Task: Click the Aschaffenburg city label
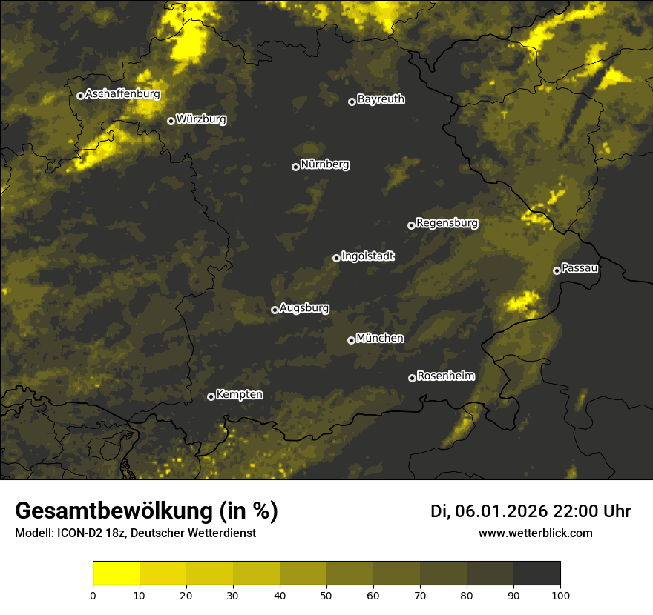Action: pos(122,94)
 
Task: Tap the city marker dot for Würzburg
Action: pos(171,121)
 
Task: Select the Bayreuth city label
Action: pos(381,99)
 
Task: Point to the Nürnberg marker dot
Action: pos(295,167)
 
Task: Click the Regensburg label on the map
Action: pos(447,223)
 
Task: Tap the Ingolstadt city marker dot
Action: pos(336,258)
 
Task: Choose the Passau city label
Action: pos(580,268)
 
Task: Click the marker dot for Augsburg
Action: pos(275,310)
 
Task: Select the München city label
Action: pos(380,339)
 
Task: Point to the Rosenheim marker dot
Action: pos(412,378)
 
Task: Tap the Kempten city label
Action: pos(239,395)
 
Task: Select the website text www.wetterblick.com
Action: pos(535,533)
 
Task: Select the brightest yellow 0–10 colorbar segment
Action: pos(116,574)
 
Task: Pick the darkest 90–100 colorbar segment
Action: pos(536,574)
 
